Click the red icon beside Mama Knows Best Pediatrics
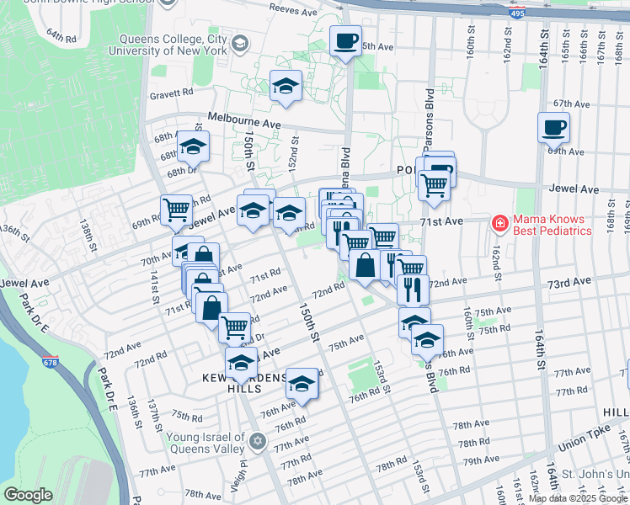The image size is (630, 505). click(499, 223)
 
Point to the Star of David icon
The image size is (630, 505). click(258, 442)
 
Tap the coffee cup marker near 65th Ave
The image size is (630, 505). click(345, 40)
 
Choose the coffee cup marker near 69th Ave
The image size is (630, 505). click(553, 128)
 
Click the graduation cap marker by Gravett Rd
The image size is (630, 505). click(286, 86)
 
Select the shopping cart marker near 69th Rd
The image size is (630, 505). click(176, 210)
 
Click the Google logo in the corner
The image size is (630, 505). click(28, 495)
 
